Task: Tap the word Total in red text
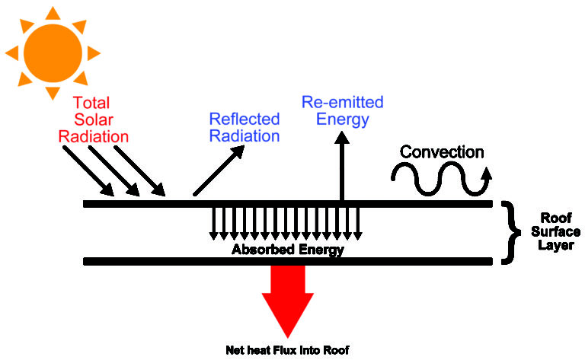(92, 103)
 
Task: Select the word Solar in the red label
(93, 120)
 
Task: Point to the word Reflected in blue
(245, 119)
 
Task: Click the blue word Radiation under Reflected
(245, 136)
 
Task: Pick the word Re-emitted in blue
(342, 102)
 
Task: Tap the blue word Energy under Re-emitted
(342, 119)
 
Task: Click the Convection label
(442, 152)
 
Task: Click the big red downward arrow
(287, 301)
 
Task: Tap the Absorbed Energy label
(288, 250)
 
